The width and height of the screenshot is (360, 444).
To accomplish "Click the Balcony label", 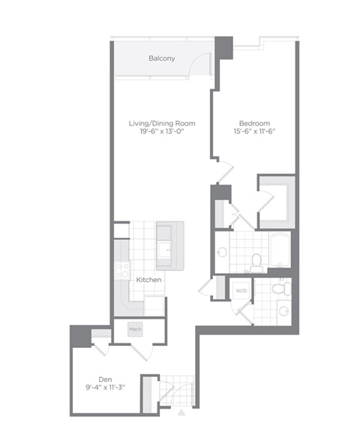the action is coord(162,58).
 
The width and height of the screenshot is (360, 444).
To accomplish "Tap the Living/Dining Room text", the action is coord(162,124).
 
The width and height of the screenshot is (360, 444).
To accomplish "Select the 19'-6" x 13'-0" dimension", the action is coord(162,131).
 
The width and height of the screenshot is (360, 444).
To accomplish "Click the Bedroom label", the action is coord(254,124).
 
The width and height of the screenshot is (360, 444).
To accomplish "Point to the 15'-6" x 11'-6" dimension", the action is coord(254,131).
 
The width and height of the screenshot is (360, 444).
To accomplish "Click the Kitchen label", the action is coord(148,280).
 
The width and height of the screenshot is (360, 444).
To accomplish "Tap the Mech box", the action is coord(135,329).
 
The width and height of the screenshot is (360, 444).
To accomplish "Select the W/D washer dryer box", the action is coord(241,291).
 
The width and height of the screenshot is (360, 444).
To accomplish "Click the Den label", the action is coord(105,379).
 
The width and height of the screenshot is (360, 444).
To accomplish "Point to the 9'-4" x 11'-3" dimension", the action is coord(105,388).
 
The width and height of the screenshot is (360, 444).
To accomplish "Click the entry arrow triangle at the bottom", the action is coord(181,412).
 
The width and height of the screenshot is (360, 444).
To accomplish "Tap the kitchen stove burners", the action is coord(122,271).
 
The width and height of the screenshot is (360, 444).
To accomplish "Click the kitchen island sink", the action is coord(164,250).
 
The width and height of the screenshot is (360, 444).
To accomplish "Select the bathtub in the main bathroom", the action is coord(280,250).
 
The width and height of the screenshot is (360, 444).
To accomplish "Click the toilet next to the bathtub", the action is coord(256,261).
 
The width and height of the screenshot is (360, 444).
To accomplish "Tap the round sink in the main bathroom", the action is coord(222,252).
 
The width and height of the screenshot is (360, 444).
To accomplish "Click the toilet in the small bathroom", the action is coord(280,288).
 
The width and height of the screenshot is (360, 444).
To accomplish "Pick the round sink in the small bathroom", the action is coord(283,311).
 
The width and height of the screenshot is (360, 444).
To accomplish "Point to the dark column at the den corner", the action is coord(81,336).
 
